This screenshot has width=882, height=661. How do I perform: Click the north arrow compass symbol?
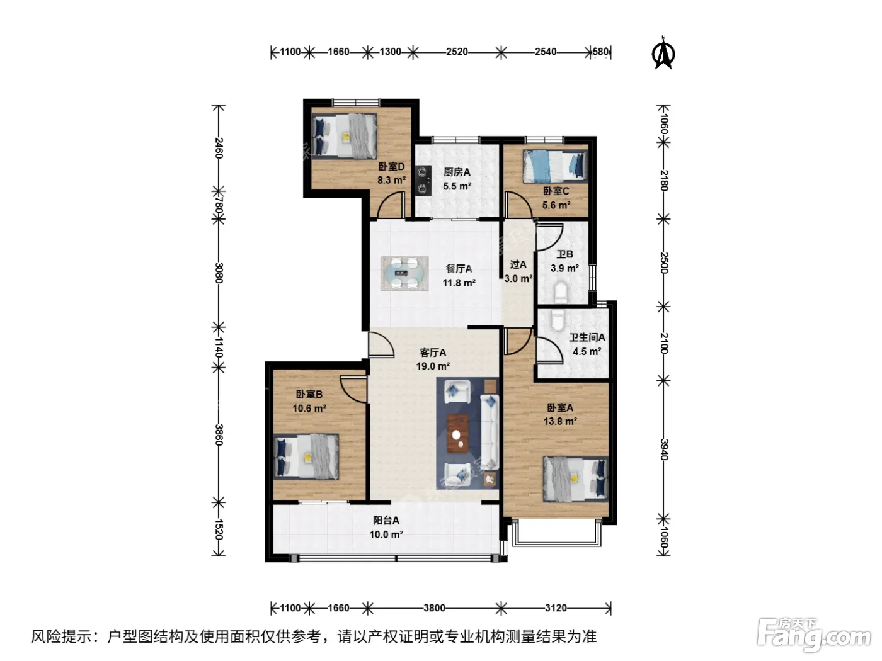click(663, 53)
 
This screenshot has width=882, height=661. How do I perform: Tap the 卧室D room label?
click(391, 166)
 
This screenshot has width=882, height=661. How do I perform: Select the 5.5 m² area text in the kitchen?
click(457, 186)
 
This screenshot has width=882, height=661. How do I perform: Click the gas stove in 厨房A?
click(423, 180)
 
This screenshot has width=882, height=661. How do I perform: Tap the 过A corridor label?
click(518, 264)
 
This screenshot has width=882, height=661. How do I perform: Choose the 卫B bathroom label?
click(564, 254)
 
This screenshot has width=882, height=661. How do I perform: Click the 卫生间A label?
click(587, 337)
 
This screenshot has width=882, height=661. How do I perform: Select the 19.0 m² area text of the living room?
click(433, 366)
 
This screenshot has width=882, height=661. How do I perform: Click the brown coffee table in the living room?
click(457, 434)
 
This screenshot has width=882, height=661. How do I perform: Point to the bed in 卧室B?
click(306, 457)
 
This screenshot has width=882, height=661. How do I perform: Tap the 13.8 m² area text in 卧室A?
click(560, 421)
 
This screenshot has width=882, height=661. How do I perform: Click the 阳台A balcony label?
click(386, 521)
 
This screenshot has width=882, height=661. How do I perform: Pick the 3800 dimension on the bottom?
click(434, 608)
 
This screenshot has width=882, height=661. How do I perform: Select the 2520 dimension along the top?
click(457, 52)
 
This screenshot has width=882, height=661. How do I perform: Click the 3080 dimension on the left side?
click(219, 273)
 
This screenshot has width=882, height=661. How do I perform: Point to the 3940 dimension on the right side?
click(664, 449)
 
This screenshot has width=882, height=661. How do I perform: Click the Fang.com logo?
click(814, 635)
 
